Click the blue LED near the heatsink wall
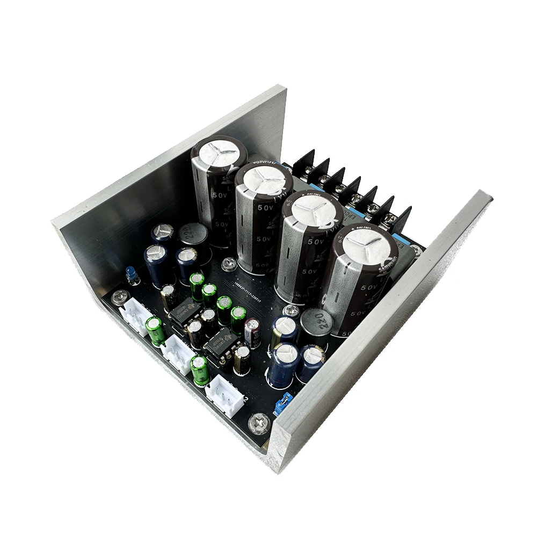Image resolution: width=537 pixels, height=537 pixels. pos(130,274)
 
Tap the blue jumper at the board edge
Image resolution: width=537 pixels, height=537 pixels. pos(283,403)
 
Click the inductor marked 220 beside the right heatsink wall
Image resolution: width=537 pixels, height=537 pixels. pos(316,322)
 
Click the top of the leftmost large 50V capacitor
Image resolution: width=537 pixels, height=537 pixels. pos(219,154)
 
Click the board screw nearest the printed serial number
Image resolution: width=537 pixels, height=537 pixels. pos(230,264)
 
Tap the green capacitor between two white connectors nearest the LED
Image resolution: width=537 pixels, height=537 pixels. pos(156,330)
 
